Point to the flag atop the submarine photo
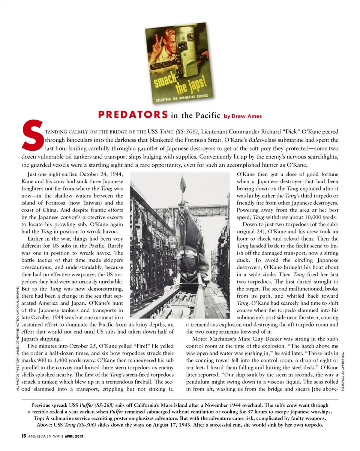[183, 184]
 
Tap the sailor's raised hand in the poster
[156, 41]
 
